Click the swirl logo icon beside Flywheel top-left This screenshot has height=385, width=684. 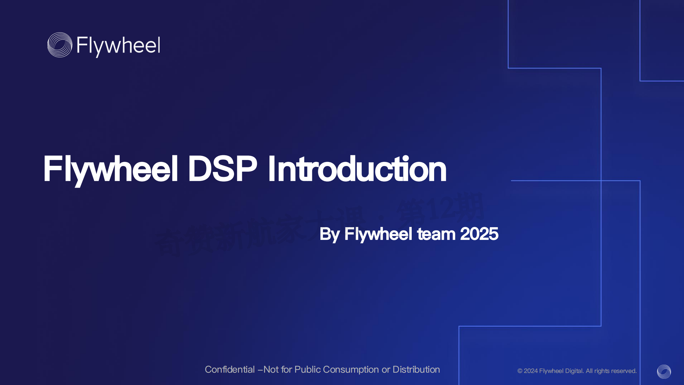coord(60,45)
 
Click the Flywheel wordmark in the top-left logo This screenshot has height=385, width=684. coord(118,46)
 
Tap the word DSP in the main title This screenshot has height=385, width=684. coord(222,169)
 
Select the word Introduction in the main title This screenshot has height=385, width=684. coord(357,169)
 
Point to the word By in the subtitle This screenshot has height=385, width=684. coord(329,234)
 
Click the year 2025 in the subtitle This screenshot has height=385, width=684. coord(479,234)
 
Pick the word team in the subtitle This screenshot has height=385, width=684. coord(436,234)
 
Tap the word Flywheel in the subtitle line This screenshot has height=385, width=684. coord(378,234)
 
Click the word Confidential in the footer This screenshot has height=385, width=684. coord(230,369)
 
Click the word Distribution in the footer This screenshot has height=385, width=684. coord(416,369)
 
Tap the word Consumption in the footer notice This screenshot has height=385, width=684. coord(351,369)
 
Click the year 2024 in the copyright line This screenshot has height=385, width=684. coord(531,371)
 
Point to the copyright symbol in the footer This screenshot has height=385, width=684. coord(520,371)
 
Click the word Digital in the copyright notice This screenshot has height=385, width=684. coord(574,371)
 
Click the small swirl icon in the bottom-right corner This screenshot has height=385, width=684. coord(664,371)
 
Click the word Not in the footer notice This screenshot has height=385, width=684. coord(271,369)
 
